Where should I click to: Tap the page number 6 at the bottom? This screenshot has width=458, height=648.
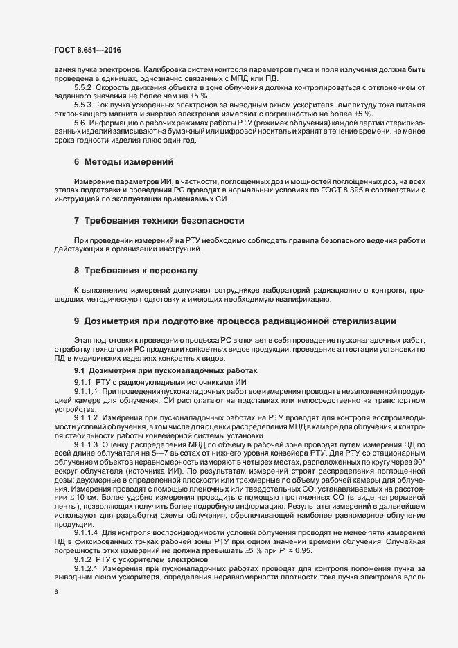[56, 592]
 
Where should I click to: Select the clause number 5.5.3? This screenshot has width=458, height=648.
[82, 105]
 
